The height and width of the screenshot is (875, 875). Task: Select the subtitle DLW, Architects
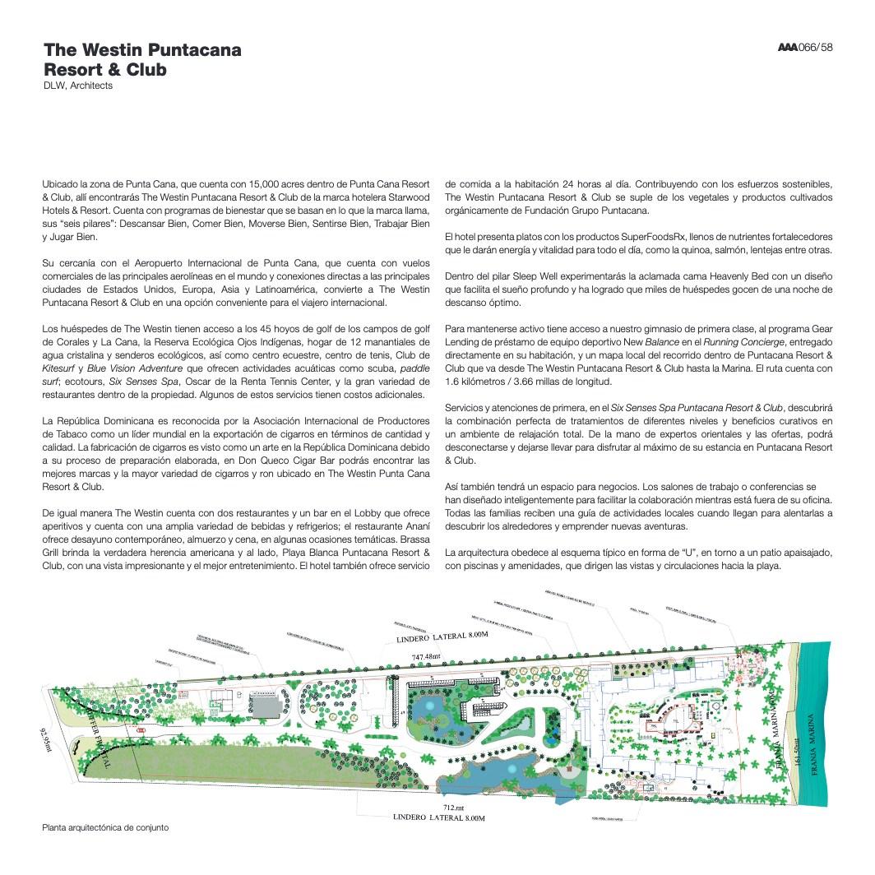[78, 86]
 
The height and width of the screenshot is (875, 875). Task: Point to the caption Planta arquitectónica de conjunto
[105, 827]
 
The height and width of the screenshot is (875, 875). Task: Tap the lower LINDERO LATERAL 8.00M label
[439, 818]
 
